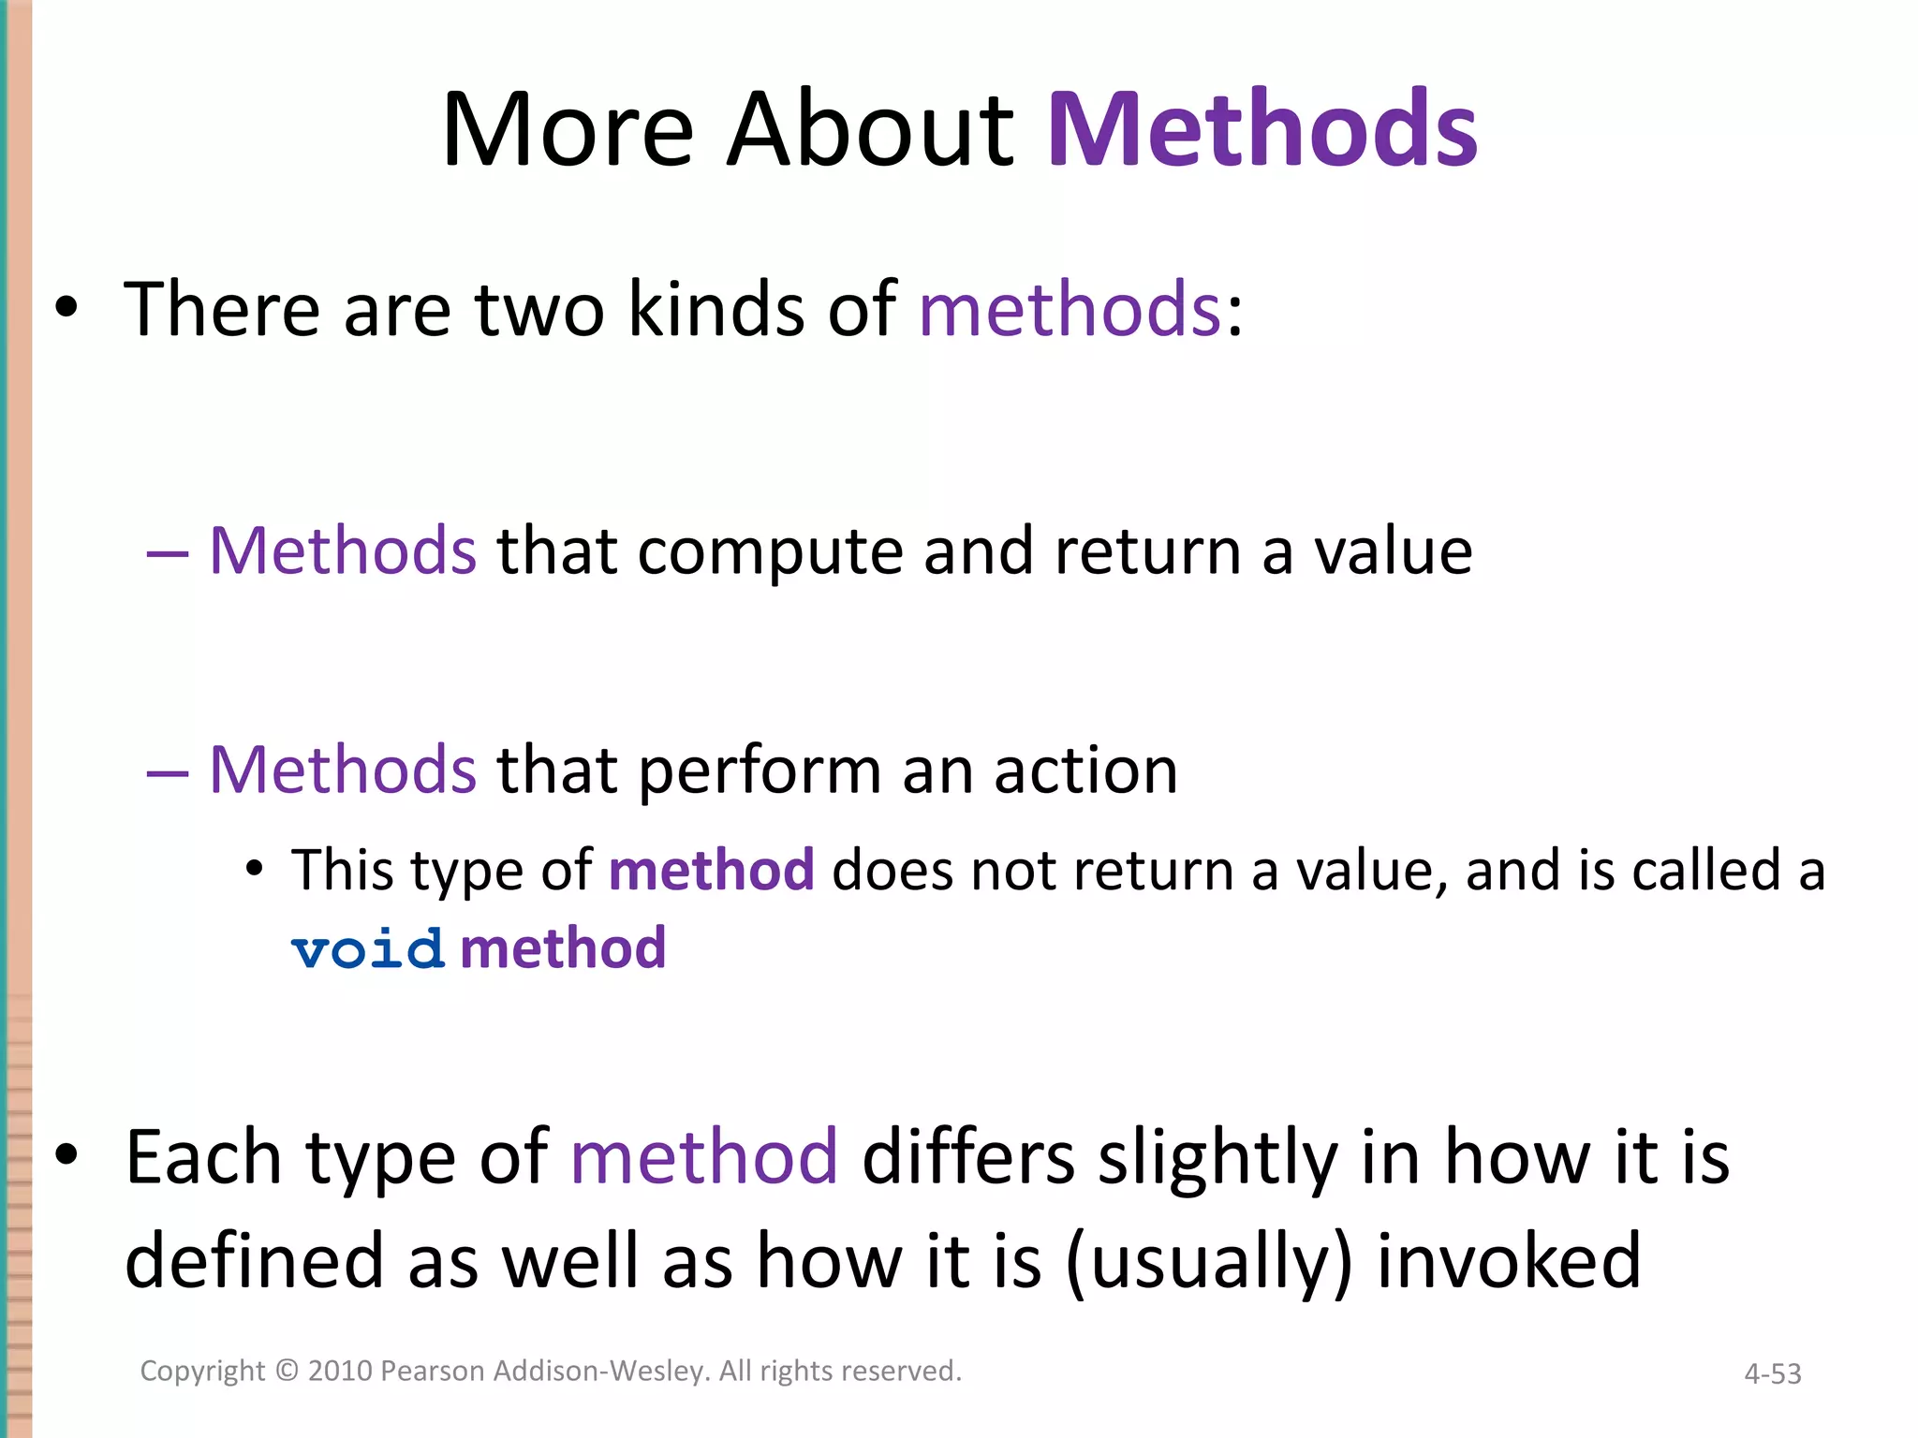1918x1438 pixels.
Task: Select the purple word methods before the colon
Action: pos(1070,309)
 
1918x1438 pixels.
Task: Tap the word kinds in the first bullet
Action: pos(716,309)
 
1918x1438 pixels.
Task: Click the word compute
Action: pos(769,552)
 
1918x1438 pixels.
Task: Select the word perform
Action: pos(760,771)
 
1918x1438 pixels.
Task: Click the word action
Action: pos(1085,771)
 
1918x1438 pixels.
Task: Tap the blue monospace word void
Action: pos(367,949)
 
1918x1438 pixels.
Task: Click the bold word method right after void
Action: pos(563,947)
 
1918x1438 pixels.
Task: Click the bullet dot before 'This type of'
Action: pos(254,869)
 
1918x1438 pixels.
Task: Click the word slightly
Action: pos(1217,1158)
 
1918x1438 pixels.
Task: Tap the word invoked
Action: pos(1508,1260)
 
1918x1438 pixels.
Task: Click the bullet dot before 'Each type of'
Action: pos(66,1155)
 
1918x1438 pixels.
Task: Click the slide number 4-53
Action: pos(1772,1373)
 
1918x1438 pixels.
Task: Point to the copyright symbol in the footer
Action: pos(287,1371)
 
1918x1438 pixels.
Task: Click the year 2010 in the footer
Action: pos(341,1371)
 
